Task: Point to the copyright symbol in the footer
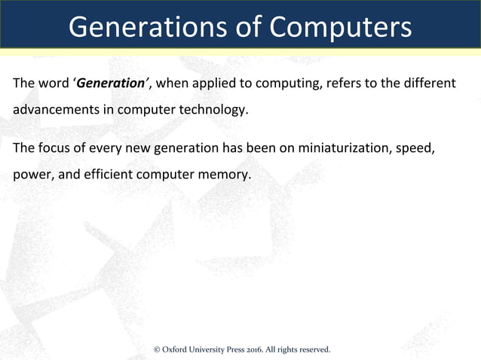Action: (157, 349)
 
